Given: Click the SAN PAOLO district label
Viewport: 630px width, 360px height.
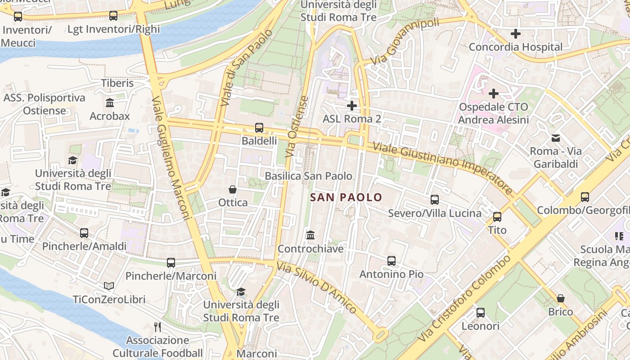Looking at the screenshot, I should [346, 197].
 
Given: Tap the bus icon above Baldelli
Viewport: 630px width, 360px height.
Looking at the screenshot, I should [259, 128].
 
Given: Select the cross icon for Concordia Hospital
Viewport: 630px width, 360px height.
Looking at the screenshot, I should [516, 34].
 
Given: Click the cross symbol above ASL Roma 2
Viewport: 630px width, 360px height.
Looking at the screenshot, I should [352, 106].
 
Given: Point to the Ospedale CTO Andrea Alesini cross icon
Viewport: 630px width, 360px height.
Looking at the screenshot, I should [494, 94].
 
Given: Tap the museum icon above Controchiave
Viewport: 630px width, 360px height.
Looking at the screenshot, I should [310, 235].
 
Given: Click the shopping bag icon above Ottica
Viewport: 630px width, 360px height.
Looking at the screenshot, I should [233, 189].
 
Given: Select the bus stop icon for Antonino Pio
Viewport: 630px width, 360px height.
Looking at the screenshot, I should [391, 261].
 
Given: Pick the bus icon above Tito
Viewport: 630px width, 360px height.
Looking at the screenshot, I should [497, 217].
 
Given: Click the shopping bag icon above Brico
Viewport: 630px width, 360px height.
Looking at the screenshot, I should [561, 298].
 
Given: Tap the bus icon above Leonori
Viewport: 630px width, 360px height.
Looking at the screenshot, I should [481, 313].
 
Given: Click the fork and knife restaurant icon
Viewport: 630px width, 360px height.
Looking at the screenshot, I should [157, 327].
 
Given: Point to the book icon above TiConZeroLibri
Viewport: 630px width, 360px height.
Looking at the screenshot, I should [109, 286].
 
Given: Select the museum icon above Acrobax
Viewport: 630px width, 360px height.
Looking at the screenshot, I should [110, 103].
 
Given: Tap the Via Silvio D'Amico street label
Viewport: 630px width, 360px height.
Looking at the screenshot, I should [317, 288].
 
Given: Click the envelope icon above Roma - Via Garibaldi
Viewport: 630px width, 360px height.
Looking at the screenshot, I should [556, 138].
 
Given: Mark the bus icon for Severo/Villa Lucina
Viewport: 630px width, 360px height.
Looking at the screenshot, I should [435, 200].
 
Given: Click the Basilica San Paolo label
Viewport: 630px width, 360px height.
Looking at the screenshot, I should [309, 176].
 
